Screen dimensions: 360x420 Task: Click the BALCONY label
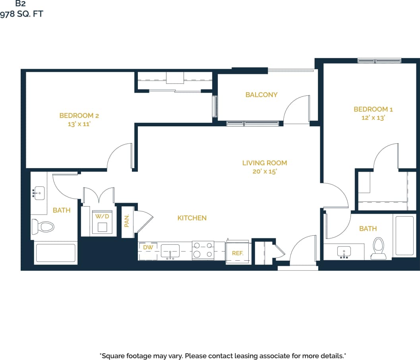pos(261,95)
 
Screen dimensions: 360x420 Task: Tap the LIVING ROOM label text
pos(265,163)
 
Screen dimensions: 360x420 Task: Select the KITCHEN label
pos(192,218)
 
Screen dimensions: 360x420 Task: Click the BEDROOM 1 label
pos(373,109)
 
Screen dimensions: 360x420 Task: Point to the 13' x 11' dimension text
pos(79,124)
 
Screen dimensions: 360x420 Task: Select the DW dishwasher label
pos(148,248)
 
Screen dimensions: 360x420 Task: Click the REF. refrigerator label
pos(237,253)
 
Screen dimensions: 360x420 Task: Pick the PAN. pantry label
pos(127,221)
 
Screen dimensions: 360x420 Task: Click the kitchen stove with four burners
pos(203,250)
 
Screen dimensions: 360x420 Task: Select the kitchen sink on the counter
pos(170,251)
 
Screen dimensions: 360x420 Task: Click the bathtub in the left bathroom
pos(55,253)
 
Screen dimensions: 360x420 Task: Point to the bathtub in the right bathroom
pos(404,236)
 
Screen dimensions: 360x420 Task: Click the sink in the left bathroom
pos(39,194)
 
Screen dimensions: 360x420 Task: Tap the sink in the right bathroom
pos(344,252)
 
